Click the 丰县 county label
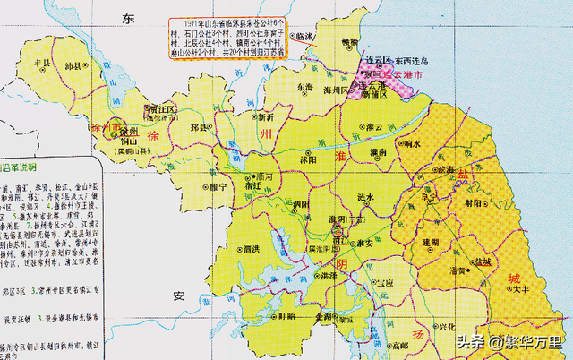(x=39, y=63)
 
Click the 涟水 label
(x=363, y=196)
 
